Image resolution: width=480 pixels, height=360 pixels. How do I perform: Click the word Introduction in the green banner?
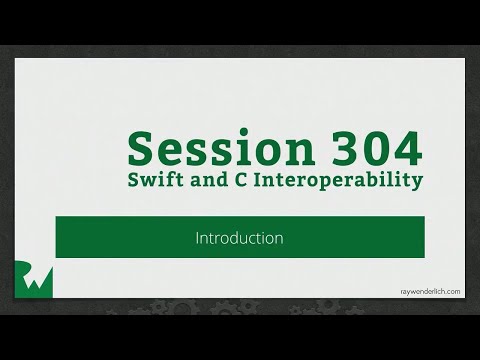[x=239, y=238]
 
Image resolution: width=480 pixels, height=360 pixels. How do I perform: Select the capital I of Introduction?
[x=197, y=238]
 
